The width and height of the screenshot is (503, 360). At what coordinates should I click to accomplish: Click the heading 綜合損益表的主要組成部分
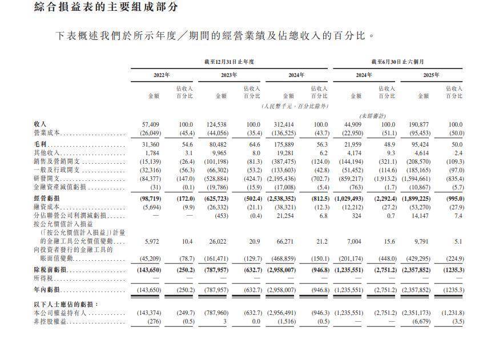coord(106,7)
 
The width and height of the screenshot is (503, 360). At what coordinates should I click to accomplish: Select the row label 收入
coord(40,124)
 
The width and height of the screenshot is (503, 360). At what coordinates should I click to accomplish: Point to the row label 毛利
coord(40,145)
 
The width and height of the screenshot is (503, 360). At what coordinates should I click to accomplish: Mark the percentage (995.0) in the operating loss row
coord(453,198)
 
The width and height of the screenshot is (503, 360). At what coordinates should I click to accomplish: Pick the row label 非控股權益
coord(50,322)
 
